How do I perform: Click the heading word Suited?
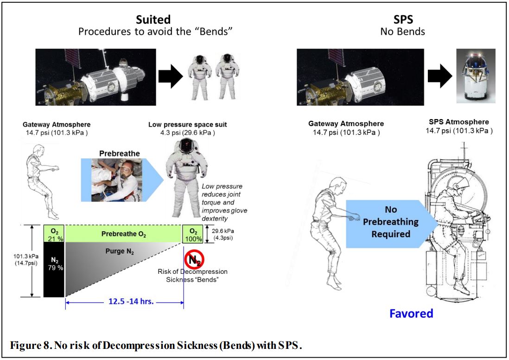(153, 20)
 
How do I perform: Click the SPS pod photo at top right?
(476, 76)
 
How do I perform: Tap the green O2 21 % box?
(54, 234)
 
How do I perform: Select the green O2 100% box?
(192, 234)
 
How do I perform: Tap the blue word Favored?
(411, 313)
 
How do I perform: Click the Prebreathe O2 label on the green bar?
(124, 234)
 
